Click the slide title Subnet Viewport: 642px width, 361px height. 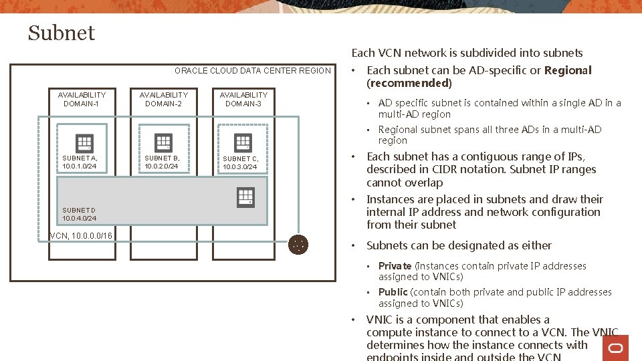click(62, 33)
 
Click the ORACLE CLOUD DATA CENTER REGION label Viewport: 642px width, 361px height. click(252, 71)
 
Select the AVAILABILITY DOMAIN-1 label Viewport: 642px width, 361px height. click(82, 99)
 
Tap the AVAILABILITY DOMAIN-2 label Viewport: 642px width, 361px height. click(163, 99)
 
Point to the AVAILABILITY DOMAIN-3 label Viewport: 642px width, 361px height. click(243, 99)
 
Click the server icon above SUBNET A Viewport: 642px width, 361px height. click(84, 143)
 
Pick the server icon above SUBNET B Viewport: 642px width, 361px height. click(163, 142)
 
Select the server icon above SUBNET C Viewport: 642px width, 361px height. click(243, 142)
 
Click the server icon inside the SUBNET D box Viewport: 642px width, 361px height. click(245, 197)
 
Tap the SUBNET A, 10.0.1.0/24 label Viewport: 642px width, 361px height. click(80, 162)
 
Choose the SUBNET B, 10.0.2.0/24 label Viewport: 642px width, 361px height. click(162, 162)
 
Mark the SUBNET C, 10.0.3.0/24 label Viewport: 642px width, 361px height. click(240, 162)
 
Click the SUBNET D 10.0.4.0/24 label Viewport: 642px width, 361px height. click(80, 214)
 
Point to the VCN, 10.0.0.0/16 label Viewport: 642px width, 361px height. click(81, 235)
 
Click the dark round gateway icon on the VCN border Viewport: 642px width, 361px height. click(298, 245)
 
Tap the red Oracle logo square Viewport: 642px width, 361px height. click(615, 348)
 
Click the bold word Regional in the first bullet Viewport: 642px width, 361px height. click(568, 70)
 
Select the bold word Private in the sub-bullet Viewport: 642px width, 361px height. click(395, 266)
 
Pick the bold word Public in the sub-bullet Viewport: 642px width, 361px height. click(393, 292)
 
